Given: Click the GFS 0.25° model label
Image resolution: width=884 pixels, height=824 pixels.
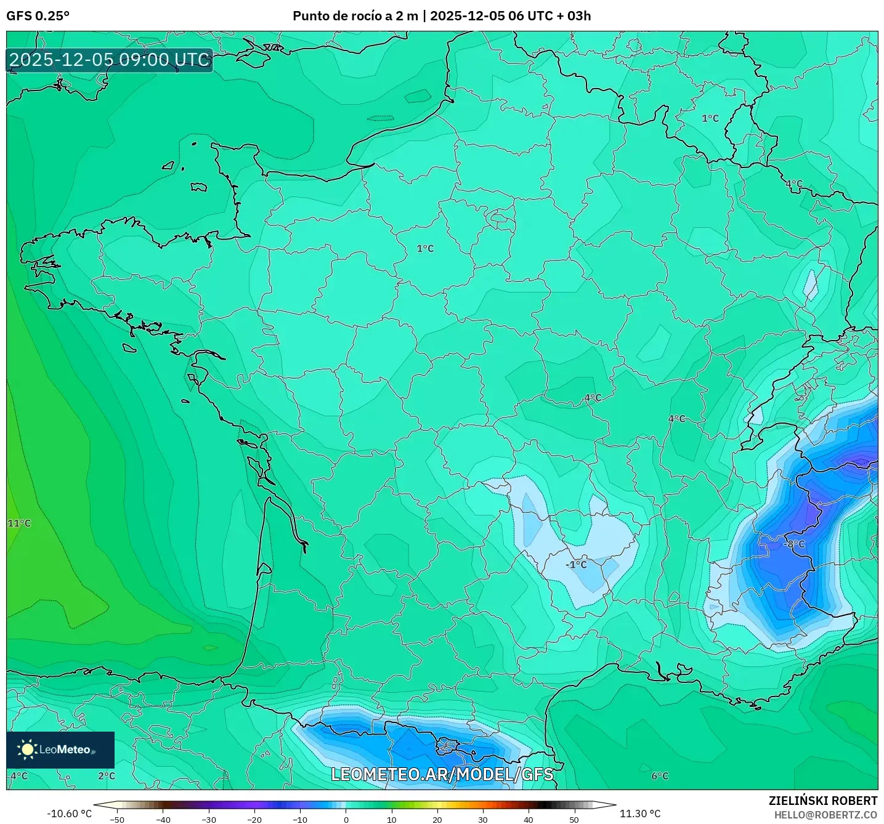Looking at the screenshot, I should tap(38, 16).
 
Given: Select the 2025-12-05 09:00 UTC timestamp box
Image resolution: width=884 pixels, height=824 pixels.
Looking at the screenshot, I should tap(110, 60).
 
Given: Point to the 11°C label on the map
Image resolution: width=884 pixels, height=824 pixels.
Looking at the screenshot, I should tap(19, 523).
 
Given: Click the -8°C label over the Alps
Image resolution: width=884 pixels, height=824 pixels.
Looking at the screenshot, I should tap(794, 544).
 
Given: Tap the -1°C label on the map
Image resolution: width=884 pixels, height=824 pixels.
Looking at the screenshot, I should tap(576, 565).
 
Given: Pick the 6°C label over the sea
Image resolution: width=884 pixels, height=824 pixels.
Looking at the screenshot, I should tap(660, 776).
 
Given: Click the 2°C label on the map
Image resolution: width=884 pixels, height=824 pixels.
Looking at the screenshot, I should tap(107, 776).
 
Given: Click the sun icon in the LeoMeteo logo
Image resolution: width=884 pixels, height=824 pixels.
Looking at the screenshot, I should tap(27, 749).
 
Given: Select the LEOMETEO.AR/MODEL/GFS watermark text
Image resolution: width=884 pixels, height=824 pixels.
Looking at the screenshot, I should tap(442, 774).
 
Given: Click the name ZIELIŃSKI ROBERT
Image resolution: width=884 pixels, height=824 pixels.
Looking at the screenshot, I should tap(823, 801).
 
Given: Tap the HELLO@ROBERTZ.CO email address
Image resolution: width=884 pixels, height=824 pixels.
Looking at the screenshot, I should tap(825, 815).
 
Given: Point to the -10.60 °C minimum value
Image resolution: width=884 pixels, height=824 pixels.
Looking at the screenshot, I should tap(69, 814).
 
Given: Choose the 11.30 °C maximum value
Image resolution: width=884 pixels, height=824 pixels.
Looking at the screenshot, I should tap(640, 814).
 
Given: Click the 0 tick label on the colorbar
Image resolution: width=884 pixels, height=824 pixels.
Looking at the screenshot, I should tap(346, 820).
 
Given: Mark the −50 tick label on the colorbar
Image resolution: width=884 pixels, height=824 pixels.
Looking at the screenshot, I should tap(116, 820).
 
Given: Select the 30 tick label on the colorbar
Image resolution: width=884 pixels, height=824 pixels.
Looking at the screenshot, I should tap(482, 820).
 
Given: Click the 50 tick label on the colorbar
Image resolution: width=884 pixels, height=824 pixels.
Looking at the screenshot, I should tap(574, 820).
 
